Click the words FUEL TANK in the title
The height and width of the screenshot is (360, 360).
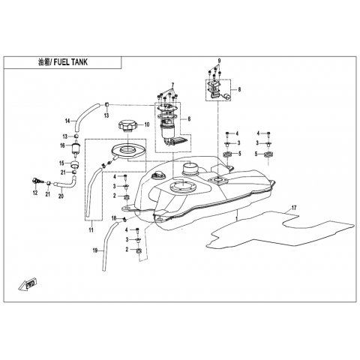point(70,62)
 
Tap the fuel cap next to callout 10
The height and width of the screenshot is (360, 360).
point(127,126)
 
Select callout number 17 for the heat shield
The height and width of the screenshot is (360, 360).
point(294,208)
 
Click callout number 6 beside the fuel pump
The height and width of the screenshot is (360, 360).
point(189,119)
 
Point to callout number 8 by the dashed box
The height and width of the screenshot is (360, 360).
point(239,89)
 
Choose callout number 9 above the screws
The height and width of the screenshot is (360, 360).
point(219,61)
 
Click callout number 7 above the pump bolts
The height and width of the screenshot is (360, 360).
point(172,85)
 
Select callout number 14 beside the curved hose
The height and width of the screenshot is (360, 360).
point(67,121)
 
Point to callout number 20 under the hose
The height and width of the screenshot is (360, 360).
point(61,196)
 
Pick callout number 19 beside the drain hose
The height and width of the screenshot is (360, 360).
point(95,250)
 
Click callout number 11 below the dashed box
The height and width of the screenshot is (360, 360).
point(91,230)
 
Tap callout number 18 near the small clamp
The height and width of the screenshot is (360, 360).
point(114,218)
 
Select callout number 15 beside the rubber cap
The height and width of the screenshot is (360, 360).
point(61,163)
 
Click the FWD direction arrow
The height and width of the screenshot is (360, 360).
point(28,285)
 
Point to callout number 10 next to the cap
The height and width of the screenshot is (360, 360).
point(147,124)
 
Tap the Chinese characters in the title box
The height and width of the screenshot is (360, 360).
point(43,62)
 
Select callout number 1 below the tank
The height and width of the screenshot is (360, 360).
point(236,218)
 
